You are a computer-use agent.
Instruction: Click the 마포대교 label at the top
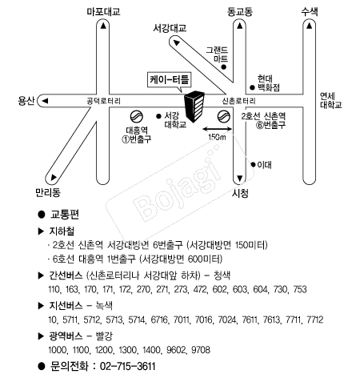point(103,12)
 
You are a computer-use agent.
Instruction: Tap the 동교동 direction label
point(240,12)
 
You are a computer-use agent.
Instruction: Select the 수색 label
point(310,12)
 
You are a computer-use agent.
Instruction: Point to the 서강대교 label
point(170,28)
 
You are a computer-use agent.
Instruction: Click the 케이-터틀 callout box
point(170,80)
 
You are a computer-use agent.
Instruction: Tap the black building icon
point(194,107)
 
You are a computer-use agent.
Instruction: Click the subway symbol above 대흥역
point(137,117)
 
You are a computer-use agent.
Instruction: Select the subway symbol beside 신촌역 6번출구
point(224,117)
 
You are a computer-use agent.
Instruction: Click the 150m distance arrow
point(217,130)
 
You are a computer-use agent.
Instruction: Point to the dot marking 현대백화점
point(252,87)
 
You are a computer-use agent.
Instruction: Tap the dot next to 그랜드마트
point(224,67)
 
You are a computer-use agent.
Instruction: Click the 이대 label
point(264,165)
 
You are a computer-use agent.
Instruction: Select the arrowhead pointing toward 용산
point(45,101)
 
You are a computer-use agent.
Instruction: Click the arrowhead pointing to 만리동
point(54,177)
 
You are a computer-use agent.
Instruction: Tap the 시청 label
point(240,193)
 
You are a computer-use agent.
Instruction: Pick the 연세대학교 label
point(330,100)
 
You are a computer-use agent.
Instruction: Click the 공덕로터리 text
point(104,101)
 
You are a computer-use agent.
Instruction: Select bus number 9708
point(201,350)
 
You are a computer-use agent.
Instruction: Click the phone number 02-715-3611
point(127,366)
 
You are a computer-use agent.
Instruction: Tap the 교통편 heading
point(65,215)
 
